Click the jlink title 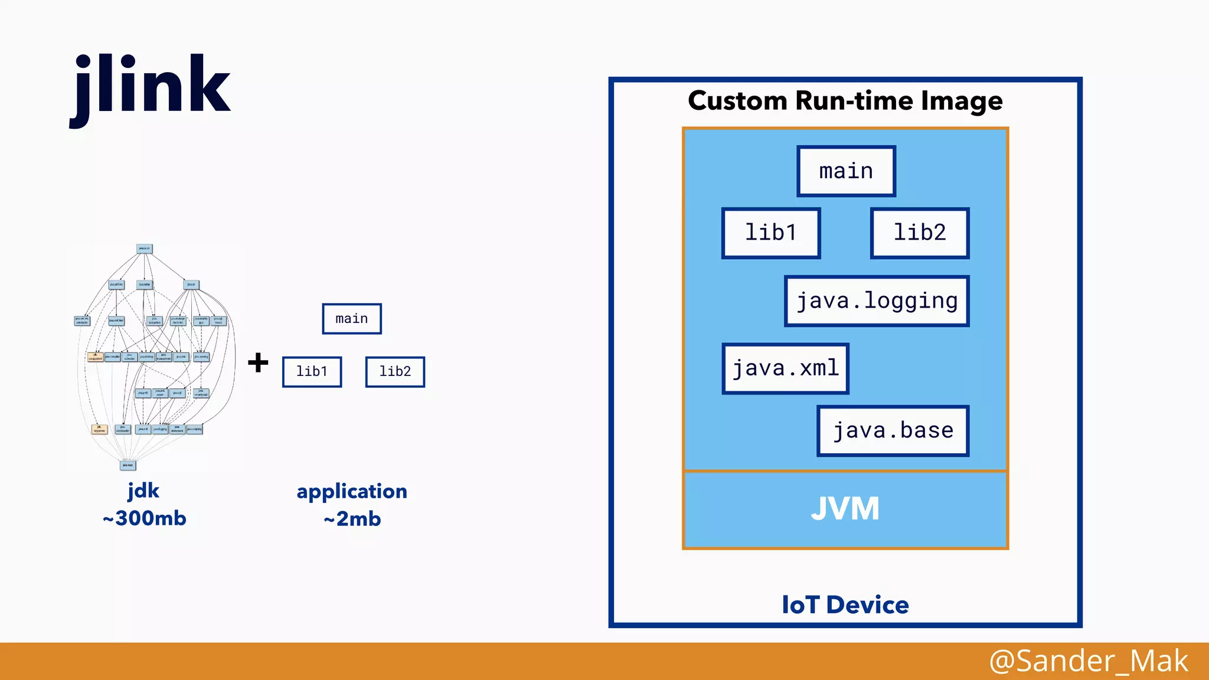(151, 86)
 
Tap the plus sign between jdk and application (258, 362)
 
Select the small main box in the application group (352, 319)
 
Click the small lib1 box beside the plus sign (312, 372)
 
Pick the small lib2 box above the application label (395, 372)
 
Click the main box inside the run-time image (846, 171)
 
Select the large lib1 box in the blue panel (771, 233)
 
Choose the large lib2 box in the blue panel (920, 233)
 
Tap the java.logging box (877, 301)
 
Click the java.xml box (785, 369)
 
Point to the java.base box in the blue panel (893, 431)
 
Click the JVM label (845, 509)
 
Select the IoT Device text (845, 605)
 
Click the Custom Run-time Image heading (845, 101)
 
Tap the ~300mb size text (144, 518)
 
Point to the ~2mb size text (352, 519)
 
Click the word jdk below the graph (143, 491)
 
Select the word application (352, 491)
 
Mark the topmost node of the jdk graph (144, 249)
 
